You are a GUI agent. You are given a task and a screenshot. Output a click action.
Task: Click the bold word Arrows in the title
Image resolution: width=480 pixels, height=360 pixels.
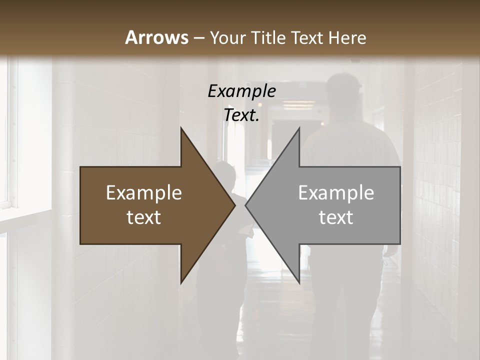click(156, 37)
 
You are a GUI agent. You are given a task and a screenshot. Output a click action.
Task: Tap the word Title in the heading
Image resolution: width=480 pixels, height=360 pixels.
click(269, 37)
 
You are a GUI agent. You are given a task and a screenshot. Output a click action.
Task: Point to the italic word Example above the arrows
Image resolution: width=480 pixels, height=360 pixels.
click(241, 91)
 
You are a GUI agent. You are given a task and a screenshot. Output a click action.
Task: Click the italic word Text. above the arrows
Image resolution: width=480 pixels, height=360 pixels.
click(241, 115)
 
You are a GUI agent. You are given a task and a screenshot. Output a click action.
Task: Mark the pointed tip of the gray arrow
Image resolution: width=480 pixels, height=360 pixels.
click(247, 205)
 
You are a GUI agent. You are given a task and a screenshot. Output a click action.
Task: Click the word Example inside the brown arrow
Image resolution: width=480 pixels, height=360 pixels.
click(144, 193)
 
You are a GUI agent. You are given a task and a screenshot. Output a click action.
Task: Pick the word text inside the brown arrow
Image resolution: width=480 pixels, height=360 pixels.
click(144, 217)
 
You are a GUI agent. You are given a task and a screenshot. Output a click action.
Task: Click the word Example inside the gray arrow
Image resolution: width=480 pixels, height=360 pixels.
click(336, 193)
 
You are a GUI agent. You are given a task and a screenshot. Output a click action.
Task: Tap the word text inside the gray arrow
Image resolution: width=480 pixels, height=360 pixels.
click(336, 217)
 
